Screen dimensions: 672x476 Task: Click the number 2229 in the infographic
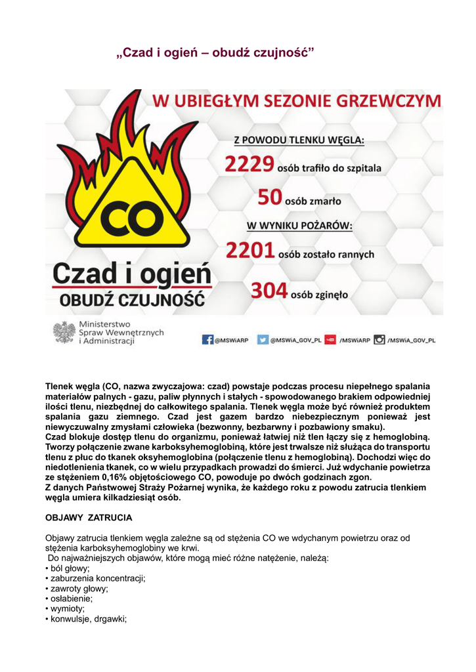point(249,165)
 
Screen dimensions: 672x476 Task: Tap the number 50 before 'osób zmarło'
point(269,197)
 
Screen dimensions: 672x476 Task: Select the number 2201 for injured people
point(250,251)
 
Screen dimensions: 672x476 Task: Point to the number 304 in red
point(269,291)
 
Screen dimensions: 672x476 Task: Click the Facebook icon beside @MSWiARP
point(207,340)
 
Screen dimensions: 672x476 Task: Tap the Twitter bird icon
point(263,340)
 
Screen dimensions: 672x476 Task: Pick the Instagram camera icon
point(379,340)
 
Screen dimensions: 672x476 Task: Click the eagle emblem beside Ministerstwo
point(64,333)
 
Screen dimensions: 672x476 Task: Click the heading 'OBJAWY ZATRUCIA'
point(89,518)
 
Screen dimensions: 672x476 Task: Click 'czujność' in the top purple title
point(286,52)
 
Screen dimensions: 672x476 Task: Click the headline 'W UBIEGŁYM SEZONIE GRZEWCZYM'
point(297,102)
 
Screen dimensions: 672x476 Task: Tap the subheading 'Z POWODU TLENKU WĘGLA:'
point(300,140)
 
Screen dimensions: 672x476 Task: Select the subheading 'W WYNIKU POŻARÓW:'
point(299,226)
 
